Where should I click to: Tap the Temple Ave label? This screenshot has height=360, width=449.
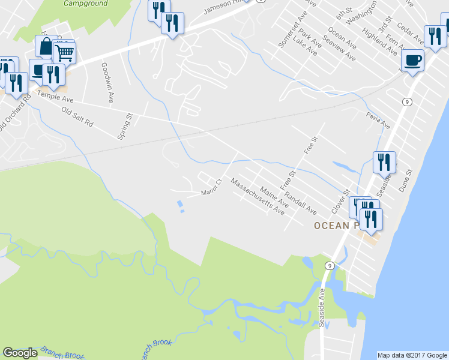(x=55, y=95)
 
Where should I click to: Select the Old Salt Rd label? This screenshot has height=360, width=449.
(x=77, y=115)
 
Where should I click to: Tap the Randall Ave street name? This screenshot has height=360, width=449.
(x=300, y=202)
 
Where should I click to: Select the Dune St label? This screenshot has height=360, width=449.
(x=405, y=180)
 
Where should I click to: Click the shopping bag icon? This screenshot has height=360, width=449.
(x=46, y=46)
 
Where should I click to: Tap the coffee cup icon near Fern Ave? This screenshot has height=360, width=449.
(x=412, y=60)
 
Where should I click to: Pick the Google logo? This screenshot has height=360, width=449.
(x=20, y=353)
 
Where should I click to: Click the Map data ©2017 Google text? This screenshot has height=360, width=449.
(x=412, y=355)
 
